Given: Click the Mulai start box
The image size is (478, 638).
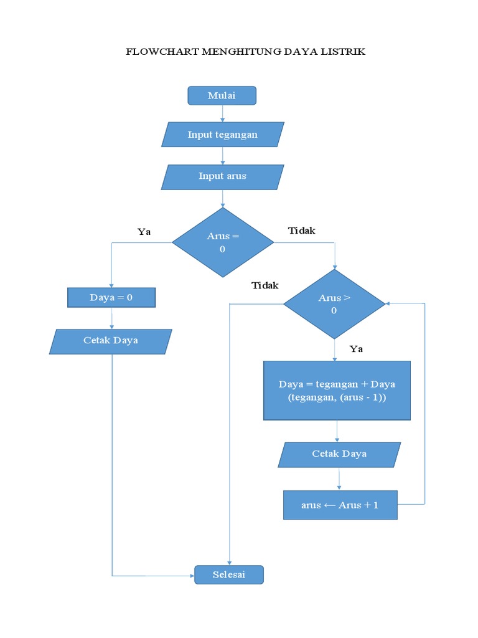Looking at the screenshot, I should pyautogui.click(x=222, y=95).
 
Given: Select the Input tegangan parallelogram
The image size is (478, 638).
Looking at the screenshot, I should pyautogui.click(x=222, y=135).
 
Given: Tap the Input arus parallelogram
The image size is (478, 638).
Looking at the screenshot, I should pyautogui.click(x=222, y=176).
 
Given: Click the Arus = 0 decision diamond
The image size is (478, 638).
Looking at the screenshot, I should pyautogui.click(x=222, y=242).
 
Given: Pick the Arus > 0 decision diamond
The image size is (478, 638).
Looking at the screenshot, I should pyautogui.click(x=334, y=304).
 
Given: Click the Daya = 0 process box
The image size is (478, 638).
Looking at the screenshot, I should pyautogui.click(x=111, y=297).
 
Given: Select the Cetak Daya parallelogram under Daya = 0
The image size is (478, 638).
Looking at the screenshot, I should pyautogui.click(x=111, y=341).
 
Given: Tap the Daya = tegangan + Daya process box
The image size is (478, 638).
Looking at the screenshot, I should pyautogui.click(x=337, y=391).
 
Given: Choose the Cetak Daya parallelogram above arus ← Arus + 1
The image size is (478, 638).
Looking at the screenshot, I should pyautogui.click(x=339, y=454).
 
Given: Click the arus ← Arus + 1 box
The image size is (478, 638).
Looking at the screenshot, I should pyautogui.click(x=340, y=505).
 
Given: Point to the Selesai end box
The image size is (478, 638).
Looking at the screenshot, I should pyautogui.click(x=229, y=574).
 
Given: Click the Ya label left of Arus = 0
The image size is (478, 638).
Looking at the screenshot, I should pyautogui.click(x=144, y=232).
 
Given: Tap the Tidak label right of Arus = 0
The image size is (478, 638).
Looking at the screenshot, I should pyautogui.click(x=302, y=231).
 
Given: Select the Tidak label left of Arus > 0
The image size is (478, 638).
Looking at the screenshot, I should pyautogui.click(x=265, y=285).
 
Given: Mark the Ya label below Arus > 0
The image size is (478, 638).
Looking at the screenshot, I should pyautogui.click(x=356, y=349).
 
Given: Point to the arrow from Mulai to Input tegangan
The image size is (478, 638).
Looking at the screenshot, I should pyautogui.click(x=222, y=113).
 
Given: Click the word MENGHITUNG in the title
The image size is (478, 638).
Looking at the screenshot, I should pyautogui.click(x=233, y=52).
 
